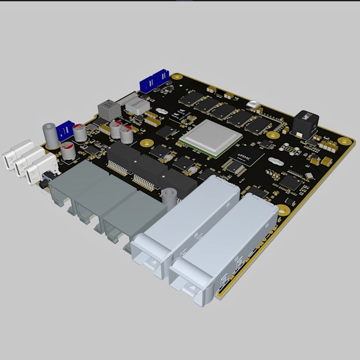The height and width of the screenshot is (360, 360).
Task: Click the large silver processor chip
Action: pos(211,137)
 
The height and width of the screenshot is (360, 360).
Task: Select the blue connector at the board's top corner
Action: pos(154,83)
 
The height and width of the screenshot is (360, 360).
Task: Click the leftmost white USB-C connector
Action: pos(16,153)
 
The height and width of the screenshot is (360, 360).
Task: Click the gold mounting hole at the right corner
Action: pos(346,141)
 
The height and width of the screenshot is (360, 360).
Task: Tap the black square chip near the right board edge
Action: pos(291,183)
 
